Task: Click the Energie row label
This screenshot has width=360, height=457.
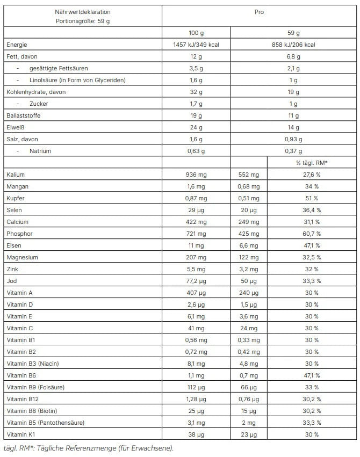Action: tap(17, 45)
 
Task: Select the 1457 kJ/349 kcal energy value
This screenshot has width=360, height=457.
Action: tap(196, 45)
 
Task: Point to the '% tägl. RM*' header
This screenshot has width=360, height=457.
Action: tap(312, 163)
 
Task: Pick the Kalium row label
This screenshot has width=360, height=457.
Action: tap(16, 175)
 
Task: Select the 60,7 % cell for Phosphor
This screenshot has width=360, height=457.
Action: tap(312, 234)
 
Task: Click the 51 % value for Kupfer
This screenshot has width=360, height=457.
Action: tap(312, 198)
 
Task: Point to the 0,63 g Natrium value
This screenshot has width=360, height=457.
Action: tap(196, 151)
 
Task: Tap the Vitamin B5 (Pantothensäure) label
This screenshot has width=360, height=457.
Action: tap(46, 423)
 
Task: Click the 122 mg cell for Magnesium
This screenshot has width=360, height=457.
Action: tap(248, 257)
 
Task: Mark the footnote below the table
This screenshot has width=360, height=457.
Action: tap(88, 448)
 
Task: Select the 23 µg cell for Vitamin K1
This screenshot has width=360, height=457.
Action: tap(248, 434)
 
